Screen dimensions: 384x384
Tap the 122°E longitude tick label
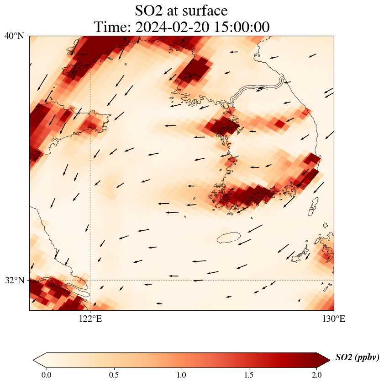click(90, 319)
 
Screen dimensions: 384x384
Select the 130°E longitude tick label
click(334, 319)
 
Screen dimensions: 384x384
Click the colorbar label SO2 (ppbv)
click(357, 357)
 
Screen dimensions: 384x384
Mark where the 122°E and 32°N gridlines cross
click(90, 280)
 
